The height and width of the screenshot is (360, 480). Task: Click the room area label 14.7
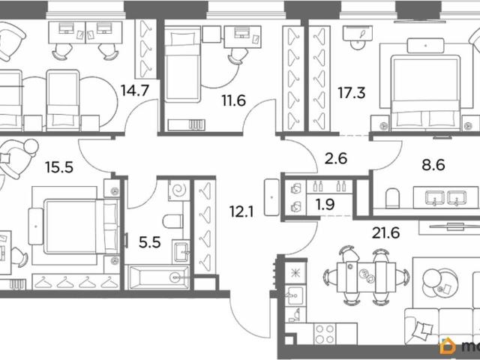135,91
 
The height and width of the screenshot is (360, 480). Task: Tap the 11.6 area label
234,100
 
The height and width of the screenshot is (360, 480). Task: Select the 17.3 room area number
352,93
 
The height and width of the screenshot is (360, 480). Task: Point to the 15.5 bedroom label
59,167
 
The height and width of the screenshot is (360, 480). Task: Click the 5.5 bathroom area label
150,243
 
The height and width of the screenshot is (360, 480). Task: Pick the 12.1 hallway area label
241,211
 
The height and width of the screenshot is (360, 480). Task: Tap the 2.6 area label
335,158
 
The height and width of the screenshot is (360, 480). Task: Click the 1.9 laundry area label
325,205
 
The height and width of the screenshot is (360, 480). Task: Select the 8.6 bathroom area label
433,165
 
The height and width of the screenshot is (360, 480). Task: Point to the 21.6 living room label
386,233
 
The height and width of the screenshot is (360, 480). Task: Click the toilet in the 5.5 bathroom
173,221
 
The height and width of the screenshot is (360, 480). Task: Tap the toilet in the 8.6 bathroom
392,198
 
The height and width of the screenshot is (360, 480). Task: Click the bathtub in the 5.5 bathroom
158,277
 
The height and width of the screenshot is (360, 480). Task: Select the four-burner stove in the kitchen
325,334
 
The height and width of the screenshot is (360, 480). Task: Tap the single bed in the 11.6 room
183,64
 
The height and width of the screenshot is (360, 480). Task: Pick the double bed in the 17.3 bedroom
426,91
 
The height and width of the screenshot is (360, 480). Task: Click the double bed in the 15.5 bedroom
82,226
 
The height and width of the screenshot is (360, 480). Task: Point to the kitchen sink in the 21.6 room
295,296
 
